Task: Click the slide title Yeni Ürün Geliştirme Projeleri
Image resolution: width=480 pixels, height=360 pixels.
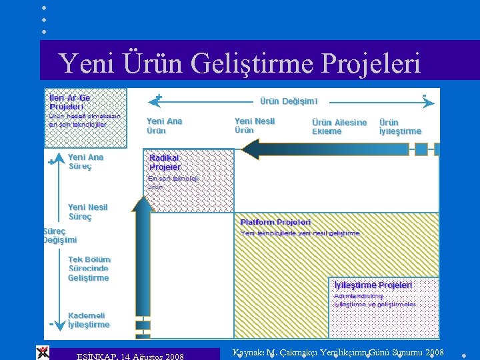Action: click(239, 63)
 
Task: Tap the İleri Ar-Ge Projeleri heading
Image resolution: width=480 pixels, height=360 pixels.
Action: click(69, 102)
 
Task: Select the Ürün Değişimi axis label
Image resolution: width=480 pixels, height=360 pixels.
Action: click(288, 101)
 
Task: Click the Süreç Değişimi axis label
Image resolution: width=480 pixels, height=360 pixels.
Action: click(60, 235)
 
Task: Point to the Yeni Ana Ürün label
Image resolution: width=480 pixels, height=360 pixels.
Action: click(164, 126)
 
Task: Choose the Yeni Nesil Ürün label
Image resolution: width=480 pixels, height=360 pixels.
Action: click(254, 125)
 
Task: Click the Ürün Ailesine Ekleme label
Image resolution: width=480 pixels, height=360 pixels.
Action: click(339, 127)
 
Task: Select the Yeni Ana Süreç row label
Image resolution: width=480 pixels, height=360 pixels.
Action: click(85, 162)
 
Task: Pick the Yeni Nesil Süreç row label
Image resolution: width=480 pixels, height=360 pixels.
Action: click(87, 212)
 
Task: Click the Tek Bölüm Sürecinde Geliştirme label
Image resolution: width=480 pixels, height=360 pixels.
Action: click(89, 269)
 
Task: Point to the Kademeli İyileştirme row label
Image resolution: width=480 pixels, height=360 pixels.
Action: click(88, 320)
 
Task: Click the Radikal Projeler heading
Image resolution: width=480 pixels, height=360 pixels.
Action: click(165, 162)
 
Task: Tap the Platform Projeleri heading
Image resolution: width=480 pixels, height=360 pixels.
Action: click(275, 221)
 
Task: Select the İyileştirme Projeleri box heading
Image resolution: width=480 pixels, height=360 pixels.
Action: click(373, 285)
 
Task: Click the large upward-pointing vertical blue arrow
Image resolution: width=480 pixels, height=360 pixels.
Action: click(142, 260)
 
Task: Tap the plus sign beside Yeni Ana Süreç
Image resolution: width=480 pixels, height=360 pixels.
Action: click(51, 162)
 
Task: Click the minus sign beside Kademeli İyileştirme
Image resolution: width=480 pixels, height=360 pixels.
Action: click(51, 324)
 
